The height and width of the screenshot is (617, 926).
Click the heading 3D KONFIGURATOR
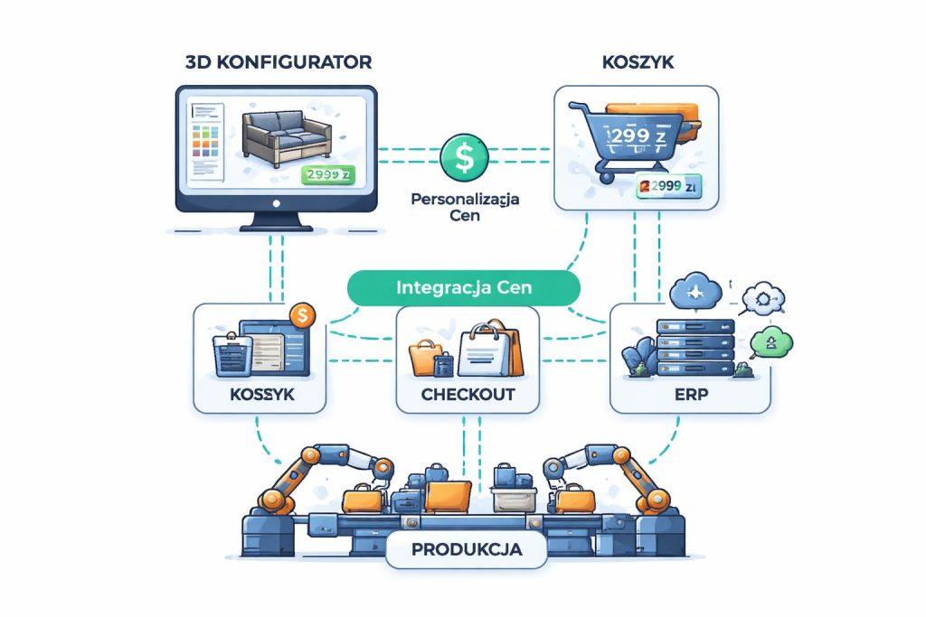[x=278, y=62]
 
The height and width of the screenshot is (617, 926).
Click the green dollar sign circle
[x=463, y=158]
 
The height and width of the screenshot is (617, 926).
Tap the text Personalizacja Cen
[x=464, y=208]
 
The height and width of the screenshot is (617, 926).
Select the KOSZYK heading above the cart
[x=635, y=62]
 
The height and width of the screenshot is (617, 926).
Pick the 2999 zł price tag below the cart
[x=669, y=187]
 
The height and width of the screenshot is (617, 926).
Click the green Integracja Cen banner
[x=463, y=288]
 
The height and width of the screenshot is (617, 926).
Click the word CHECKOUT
[x=468, y=395]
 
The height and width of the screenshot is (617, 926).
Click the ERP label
[x=690, y=395]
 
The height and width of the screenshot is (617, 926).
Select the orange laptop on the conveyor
[x=449, y=494]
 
